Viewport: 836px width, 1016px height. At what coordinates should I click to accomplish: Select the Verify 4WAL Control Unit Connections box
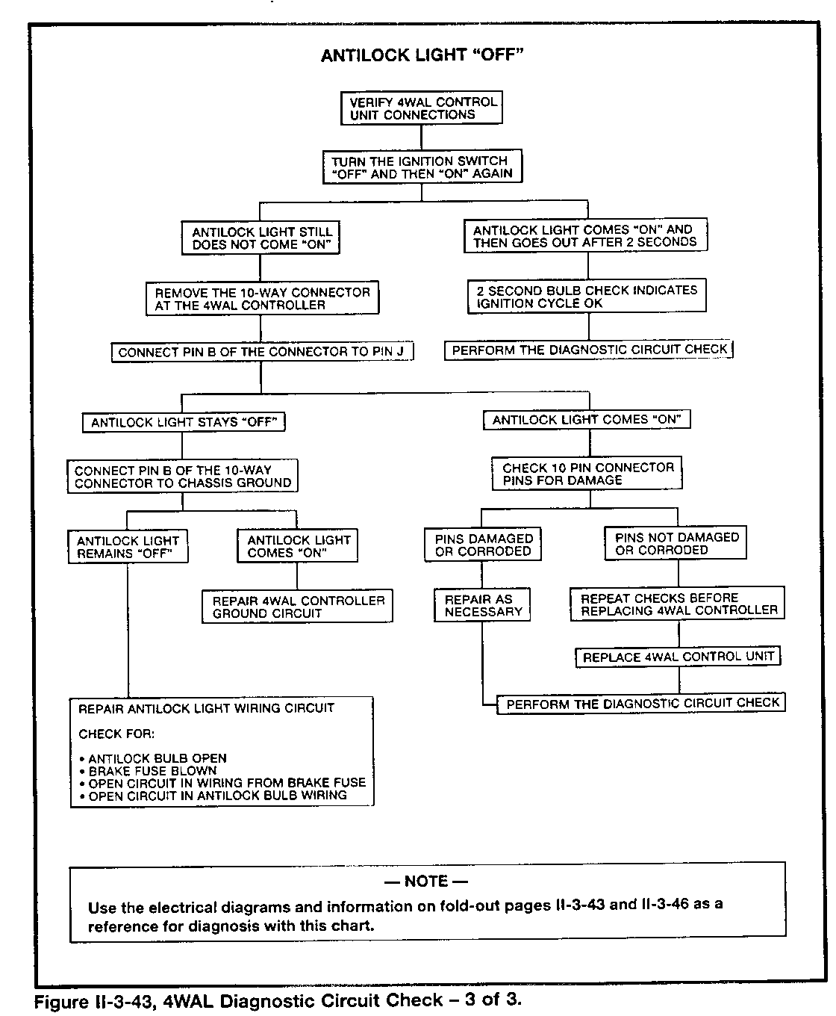pos(422,108)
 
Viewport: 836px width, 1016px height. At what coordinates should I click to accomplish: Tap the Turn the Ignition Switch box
pos(422,167)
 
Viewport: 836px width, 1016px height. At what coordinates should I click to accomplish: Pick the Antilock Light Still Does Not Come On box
pos(261,238)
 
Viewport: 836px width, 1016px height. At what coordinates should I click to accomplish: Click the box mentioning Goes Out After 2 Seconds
pos(585,236)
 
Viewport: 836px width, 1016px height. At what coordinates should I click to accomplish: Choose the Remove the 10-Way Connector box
pos(262,299)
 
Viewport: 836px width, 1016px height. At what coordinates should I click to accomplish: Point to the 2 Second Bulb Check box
pos(587,297)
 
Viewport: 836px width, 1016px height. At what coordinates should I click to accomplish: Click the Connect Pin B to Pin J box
pos(262,352)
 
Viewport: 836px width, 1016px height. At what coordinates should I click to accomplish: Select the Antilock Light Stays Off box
pos(184,422)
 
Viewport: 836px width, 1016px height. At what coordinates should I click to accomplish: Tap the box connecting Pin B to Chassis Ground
pos(183,477)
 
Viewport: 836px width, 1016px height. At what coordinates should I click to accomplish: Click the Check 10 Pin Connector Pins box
pos(587,474)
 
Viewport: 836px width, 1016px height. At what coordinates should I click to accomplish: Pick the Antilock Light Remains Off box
pos(128,547)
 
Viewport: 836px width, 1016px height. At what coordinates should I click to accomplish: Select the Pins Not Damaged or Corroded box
pos(677,543)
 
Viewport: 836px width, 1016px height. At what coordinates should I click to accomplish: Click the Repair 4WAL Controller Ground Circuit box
pos(297,607)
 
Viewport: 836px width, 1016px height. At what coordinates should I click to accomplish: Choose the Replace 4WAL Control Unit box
pos(678,657)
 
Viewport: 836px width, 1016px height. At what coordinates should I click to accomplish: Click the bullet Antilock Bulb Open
pos(157,758)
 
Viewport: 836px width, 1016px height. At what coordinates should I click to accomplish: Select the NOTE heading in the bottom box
pos(426,882)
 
